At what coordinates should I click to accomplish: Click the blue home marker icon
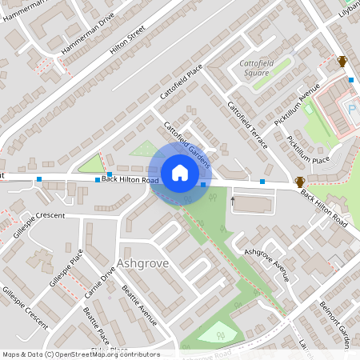[180, 173]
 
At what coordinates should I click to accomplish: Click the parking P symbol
[350, 107]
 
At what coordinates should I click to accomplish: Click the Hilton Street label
[127, 39]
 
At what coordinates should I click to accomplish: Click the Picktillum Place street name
[309, 150]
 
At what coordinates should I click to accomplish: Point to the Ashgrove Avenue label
[266, 264]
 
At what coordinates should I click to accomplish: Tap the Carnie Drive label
[100, 283]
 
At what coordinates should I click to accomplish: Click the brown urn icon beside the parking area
[342, 62]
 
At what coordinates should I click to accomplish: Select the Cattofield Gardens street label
[187, 145]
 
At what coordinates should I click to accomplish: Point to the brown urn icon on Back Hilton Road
[300, 182]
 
